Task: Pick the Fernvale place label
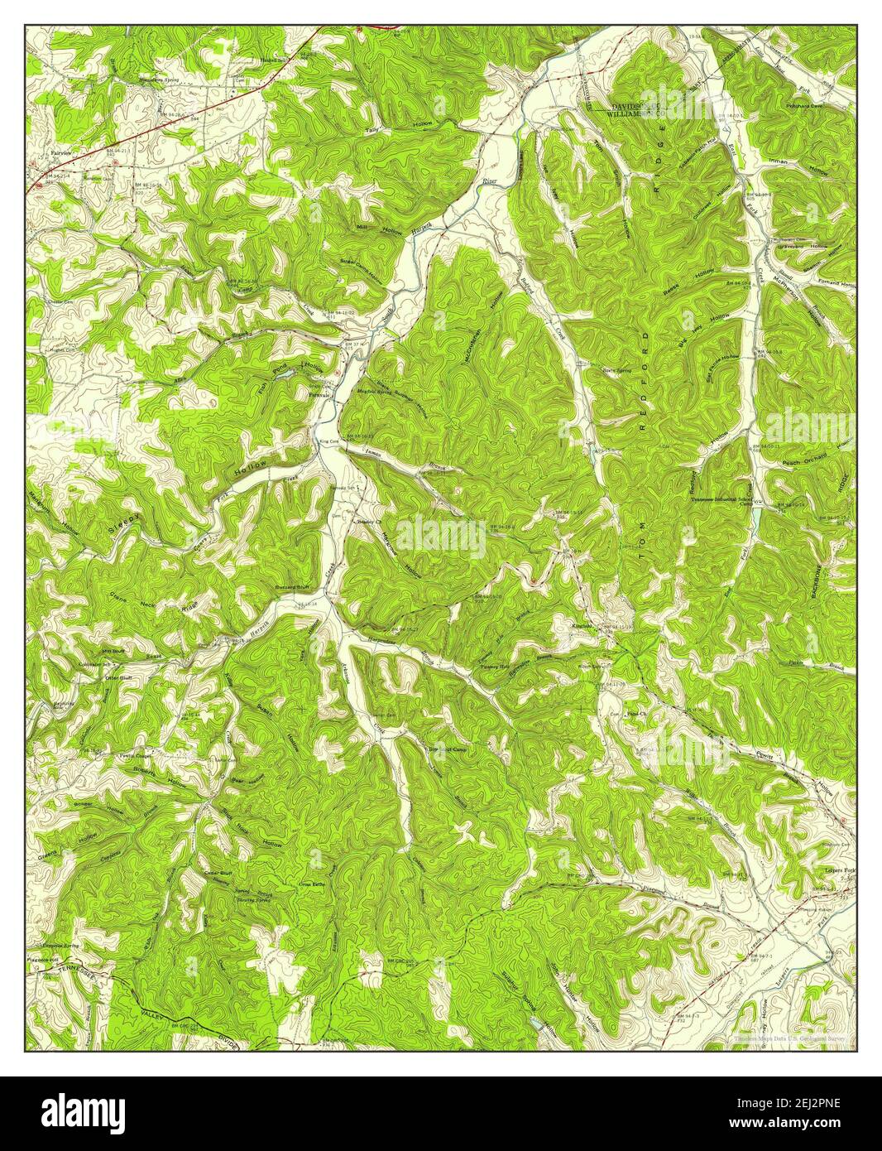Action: (x=319, y=396)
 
